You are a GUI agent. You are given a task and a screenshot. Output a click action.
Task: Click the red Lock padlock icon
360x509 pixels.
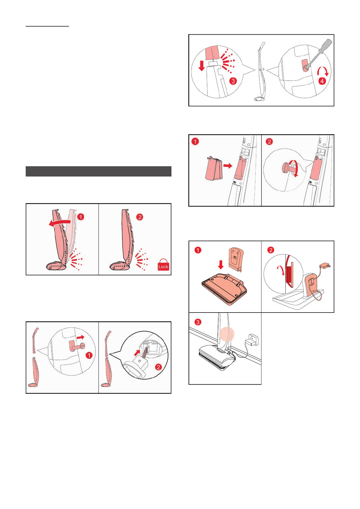click(163, 265)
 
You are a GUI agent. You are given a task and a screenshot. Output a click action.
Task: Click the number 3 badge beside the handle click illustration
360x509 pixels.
click(233, 81)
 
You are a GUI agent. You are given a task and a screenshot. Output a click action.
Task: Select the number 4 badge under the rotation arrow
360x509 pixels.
click(322, 81)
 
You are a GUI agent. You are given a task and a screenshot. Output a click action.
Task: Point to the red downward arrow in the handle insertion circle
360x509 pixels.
click(201, 66)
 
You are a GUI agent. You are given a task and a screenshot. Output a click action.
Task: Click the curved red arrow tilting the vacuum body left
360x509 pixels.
click(60, 223)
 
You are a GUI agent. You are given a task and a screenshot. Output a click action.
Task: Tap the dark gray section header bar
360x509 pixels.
click(99, 171)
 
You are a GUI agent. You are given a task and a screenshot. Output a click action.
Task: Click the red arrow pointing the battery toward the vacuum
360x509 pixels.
click(228, 166)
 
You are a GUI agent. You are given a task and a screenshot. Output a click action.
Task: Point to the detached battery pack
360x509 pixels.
click(213, 168)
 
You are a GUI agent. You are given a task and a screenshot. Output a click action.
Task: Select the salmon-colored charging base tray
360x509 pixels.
click(224, 289)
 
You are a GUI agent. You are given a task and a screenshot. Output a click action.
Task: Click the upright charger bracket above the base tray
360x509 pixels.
click(236, 259)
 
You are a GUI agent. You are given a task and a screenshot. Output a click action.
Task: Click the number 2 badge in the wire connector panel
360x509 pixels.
click(158, 367)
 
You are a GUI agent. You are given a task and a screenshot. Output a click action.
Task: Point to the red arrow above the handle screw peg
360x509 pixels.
click(80, 337)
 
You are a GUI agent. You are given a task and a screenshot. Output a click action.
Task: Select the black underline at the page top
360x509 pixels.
click(47, 26)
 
